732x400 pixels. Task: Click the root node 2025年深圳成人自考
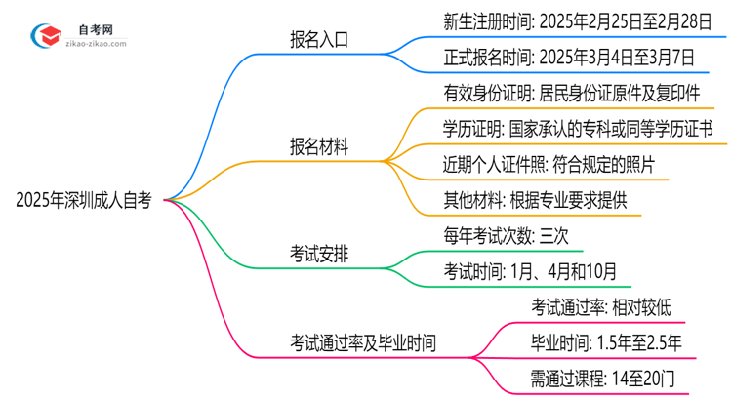[84, 200]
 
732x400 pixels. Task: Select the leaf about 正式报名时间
[554, 58]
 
